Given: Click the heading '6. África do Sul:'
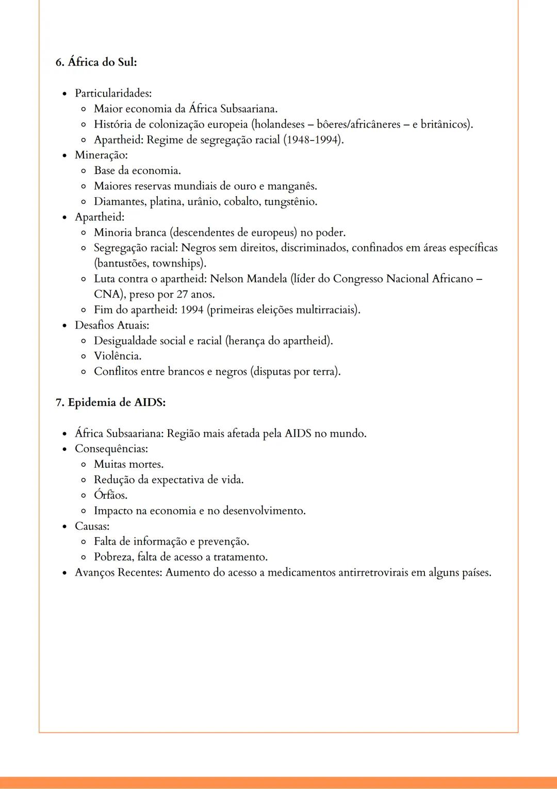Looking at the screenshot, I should [96, 62].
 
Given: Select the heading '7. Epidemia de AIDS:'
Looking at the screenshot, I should [110, 402].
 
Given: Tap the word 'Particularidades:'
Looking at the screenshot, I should [113, 93].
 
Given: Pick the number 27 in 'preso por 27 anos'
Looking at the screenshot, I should [182, 294].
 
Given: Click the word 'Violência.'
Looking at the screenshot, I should [118, 356].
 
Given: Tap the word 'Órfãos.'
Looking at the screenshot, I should [110, 495].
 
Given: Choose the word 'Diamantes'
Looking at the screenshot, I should [119, 201].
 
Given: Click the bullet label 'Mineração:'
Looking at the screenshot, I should [101, 155].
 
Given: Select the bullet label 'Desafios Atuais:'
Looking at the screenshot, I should [112, 325].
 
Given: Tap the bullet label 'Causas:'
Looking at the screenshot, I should [92, 526].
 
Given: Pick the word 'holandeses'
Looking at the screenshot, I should [279, 124].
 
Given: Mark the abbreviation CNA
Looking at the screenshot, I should [107, 294].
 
